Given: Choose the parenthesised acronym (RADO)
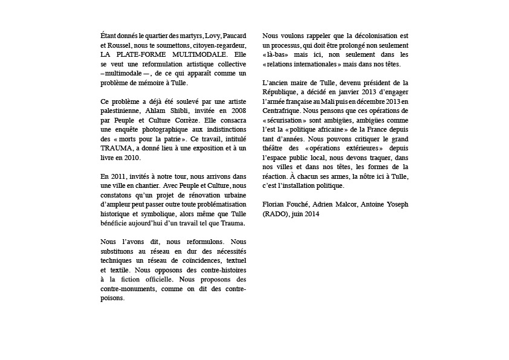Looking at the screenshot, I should point(277,213).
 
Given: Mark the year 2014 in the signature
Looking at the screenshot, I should point(311,213).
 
